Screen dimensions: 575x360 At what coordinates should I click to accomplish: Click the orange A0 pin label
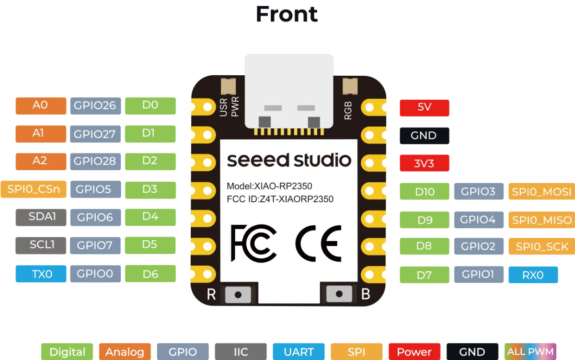(x=41, y=105)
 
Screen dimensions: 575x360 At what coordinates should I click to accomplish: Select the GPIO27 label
(x=95, y=134)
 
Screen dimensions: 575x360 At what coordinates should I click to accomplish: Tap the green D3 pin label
(x=150, y=190)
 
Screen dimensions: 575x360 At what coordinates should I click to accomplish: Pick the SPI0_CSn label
(x=34, y=189)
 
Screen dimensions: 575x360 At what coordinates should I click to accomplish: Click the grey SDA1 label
(x=41, y=217)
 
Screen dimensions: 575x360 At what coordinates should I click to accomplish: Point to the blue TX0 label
(x=41, y=274)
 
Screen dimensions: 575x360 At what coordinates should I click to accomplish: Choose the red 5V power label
(x=425, y=108)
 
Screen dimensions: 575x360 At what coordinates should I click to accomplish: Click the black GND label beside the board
(x=425, y=136)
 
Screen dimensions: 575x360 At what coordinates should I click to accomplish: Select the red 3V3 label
(x=425, y=163)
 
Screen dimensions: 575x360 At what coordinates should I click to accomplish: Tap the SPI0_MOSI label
(x=541, y=191)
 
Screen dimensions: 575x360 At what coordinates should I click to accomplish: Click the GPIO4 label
(x=479, y=220)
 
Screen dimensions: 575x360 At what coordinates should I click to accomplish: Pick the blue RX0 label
(x=533, y=275)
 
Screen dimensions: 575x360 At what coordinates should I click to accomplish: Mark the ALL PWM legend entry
(x=530, y=351)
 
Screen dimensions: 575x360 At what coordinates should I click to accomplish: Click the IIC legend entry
(x=241, y=351)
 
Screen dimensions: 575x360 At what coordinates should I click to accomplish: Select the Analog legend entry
(x=125, y=351)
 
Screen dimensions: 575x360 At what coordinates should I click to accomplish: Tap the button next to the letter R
(x=238, y=294)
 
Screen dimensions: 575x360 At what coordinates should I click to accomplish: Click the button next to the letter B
(x=339, y=294)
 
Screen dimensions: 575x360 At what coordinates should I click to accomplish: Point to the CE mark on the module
(x=319, y=244)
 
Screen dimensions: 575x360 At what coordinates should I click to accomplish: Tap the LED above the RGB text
(x=350, y=86)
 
